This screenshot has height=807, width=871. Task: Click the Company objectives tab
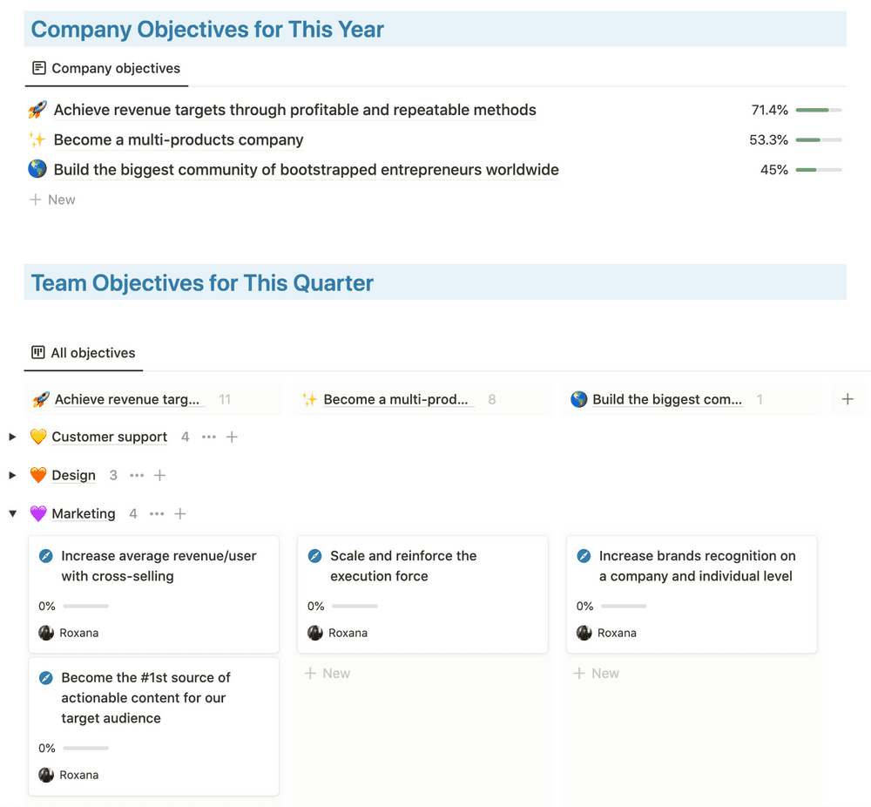[106, 68]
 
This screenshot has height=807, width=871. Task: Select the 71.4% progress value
[769, 110]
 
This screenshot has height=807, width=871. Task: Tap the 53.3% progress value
[768, 139]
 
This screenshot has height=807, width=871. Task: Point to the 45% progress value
[773, 170]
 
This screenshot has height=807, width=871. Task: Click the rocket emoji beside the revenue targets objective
[37, 110]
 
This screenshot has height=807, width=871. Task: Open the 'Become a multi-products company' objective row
[179, 139]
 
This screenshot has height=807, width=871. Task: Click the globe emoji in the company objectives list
[37, 170]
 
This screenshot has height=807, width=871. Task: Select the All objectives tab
[84, 353]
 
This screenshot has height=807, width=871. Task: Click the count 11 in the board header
[225, 399]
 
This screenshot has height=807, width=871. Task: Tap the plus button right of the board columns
[847, 399]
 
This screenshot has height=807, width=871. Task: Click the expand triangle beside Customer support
[12, 437]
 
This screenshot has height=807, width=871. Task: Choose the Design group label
[73, 475]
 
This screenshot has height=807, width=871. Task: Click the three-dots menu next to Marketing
[157, 514]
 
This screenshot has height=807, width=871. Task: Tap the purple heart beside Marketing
[38, 514]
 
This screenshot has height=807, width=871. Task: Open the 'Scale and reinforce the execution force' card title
[403, 566]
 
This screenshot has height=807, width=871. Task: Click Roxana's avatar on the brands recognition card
[584, 633]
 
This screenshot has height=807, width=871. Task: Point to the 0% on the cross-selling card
[47, 606]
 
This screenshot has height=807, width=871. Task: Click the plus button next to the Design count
[160, 475]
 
